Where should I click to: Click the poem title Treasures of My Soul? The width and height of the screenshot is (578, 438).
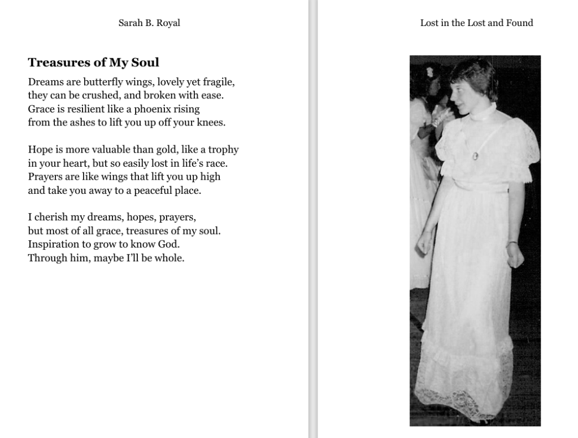point(93,63)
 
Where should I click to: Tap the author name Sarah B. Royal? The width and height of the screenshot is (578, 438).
point(149,23)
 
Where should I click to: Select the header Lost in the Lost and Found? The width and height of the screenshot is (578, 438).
point(476,23)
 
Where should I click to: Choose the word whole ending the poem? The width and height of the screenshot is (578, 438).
point(170,259)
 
